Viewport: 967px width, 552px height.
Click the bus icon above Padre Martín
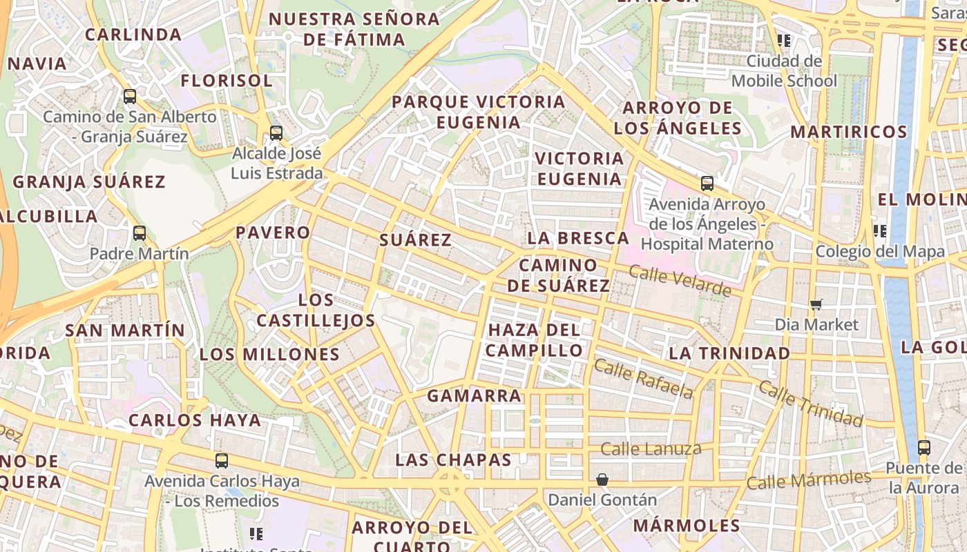tap(140, 233)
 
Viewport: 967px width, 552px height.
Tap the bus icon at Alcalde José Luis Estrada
tap(276, 132)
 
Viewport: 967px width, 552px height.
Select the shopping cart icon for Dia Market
tap(816, 304)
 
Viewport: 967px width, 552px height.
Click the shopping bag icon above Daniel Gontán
tap(602, 479)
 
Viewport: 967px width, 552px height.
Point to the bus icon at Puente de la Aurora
tap(924, 447)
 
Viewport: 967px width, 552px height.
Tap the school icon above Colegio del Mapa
tap(880, 230)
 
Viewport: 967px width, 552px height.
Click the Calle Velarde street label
tap(680, 281)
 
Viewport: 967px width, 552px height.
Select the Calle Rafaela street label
tap(643, 379)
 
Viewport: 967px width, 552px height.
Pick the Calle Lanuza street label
tap(651, 449)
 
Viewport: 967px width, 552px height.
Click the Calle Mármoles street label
tap(808, 480)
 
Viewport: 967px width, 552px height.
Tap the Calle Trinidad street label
tap(811, 402)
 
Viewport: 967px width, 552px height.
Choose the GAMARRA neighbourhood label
tap(474, 396)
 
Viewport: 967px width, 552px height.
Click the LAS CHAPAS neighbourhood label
tap(453, 460)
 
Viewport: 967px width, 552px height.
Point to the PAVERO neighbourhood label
tap(273, 233)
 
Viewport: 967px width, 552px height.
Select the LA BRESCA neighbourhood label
tap(578, 239)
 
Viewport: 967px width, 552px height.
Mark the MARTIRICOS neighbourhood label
tap(848, 132)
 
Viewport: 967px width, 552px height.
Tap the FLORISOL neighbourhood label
tap(227, 81)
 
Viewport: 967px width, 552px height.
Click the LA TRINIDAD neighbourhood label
tap(729, 353)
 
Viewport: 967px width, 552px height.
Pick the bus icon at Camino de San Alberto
tap(130, 97)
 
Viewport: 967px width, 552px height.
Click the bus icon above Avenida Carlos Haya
tap(222, 460)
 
